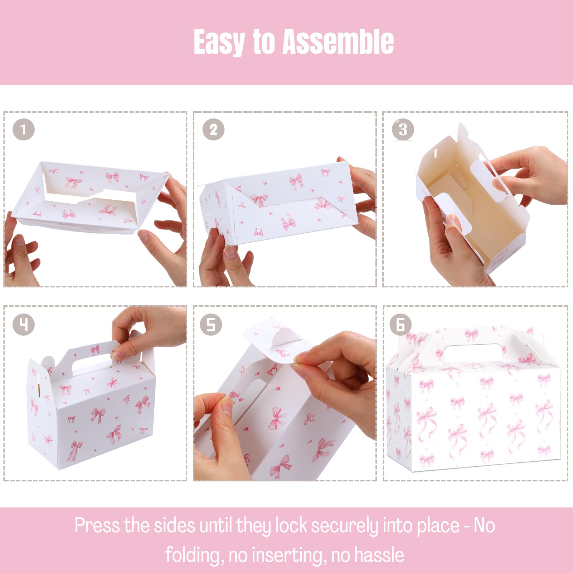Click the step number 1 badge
click(24, 129)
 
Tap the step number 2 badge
click(213, 130)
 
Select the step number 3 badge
click(403, 130)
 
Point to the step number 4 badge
click(24, 325)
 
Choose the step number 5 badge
click(211, 325)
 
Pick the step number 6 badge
click(401, 325)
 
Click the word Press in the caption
click(97, 525)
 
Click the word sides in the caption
click(174, 525)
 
